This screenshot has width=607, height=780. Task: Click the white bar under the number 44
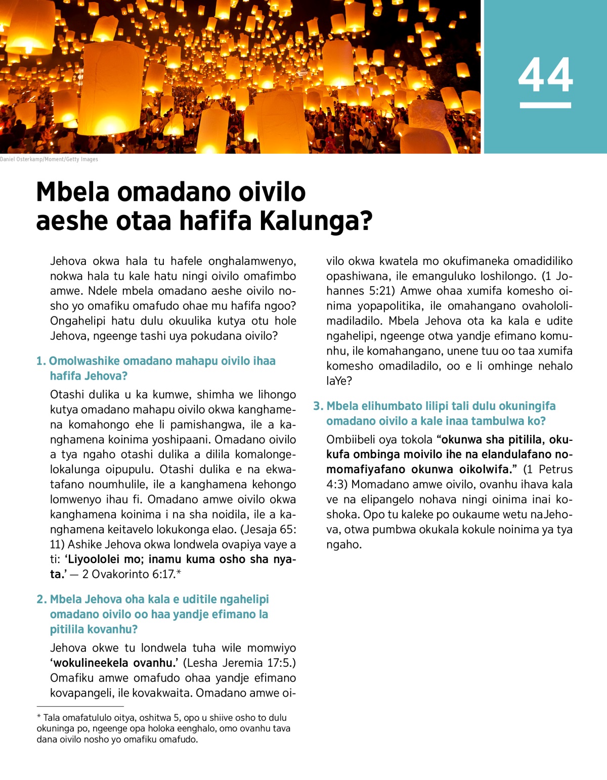(x=545, y=105)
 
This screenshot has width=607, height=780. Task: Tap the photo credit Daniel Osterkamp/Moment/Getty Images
(x=49, y=159)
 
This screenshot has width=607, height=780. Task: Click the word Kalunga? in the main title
(x=316, y=221)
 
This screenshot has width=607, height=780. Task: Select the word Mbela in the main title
(x=73, y=192)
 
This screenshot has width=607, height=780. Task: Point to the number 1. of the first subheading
(x=41, y=361)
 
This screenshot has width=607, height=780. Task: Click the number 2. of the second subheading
(x=41, y=599)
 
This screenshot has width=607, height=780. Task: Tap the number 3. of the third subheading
(x=318, y=406)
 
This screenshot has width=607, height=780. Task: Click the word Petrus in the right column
(x=556, y=469)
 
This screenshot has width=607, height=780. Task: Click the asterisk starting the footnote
(x=39, y=717)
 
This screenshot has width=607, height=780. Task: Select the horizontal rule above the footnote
(x=80, y=706)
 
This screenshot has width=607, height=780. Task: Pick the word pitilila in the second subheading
(x=69, y=629)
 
